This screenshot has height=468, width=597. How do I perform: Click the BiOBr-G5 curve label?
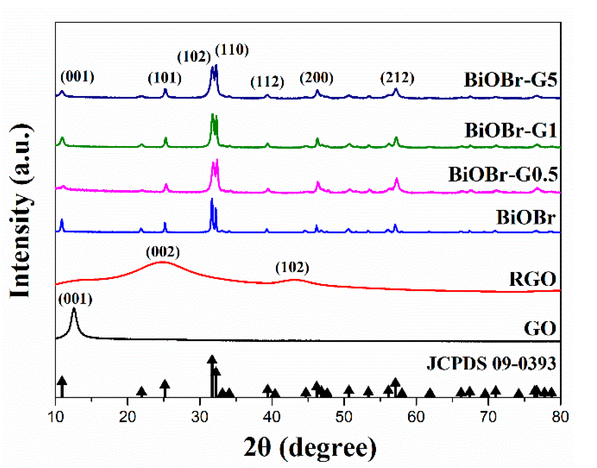510,79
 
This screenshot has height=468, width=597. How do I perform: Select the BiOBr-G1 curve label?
510,130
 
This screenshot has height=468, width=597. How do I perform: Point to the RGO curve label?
532,279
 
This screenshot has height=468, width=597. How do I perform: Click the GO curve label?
540,328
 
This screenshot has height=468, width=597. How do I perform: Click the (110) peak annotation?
232,50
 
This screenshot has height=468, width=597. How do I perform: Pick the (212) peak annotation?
397,77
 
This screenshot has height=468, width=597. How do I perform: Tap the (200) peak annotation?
317,77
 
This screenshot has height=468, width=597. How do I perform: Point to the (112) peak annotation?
267,82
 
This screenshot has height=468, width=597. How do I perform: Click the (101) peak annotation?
165,77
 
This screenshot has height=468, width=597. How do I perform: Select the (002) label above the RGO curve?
163,252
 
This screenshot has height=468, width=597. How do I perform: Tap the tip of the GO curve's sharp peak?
74,309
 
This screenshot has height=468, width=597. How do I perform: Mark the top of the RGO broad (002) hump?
162,262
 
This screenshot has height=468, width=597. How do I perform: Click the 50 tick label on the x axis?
344,417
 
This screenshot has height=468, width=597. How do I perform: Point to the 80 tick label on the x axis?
560,417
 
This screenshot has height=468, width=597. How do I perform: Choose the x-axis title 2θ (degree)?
310,447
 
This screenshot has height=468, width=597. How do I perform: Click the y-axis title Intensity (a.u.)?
20,210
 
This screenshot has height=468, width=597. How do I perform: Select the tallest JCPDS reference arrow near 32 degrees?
212,360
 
